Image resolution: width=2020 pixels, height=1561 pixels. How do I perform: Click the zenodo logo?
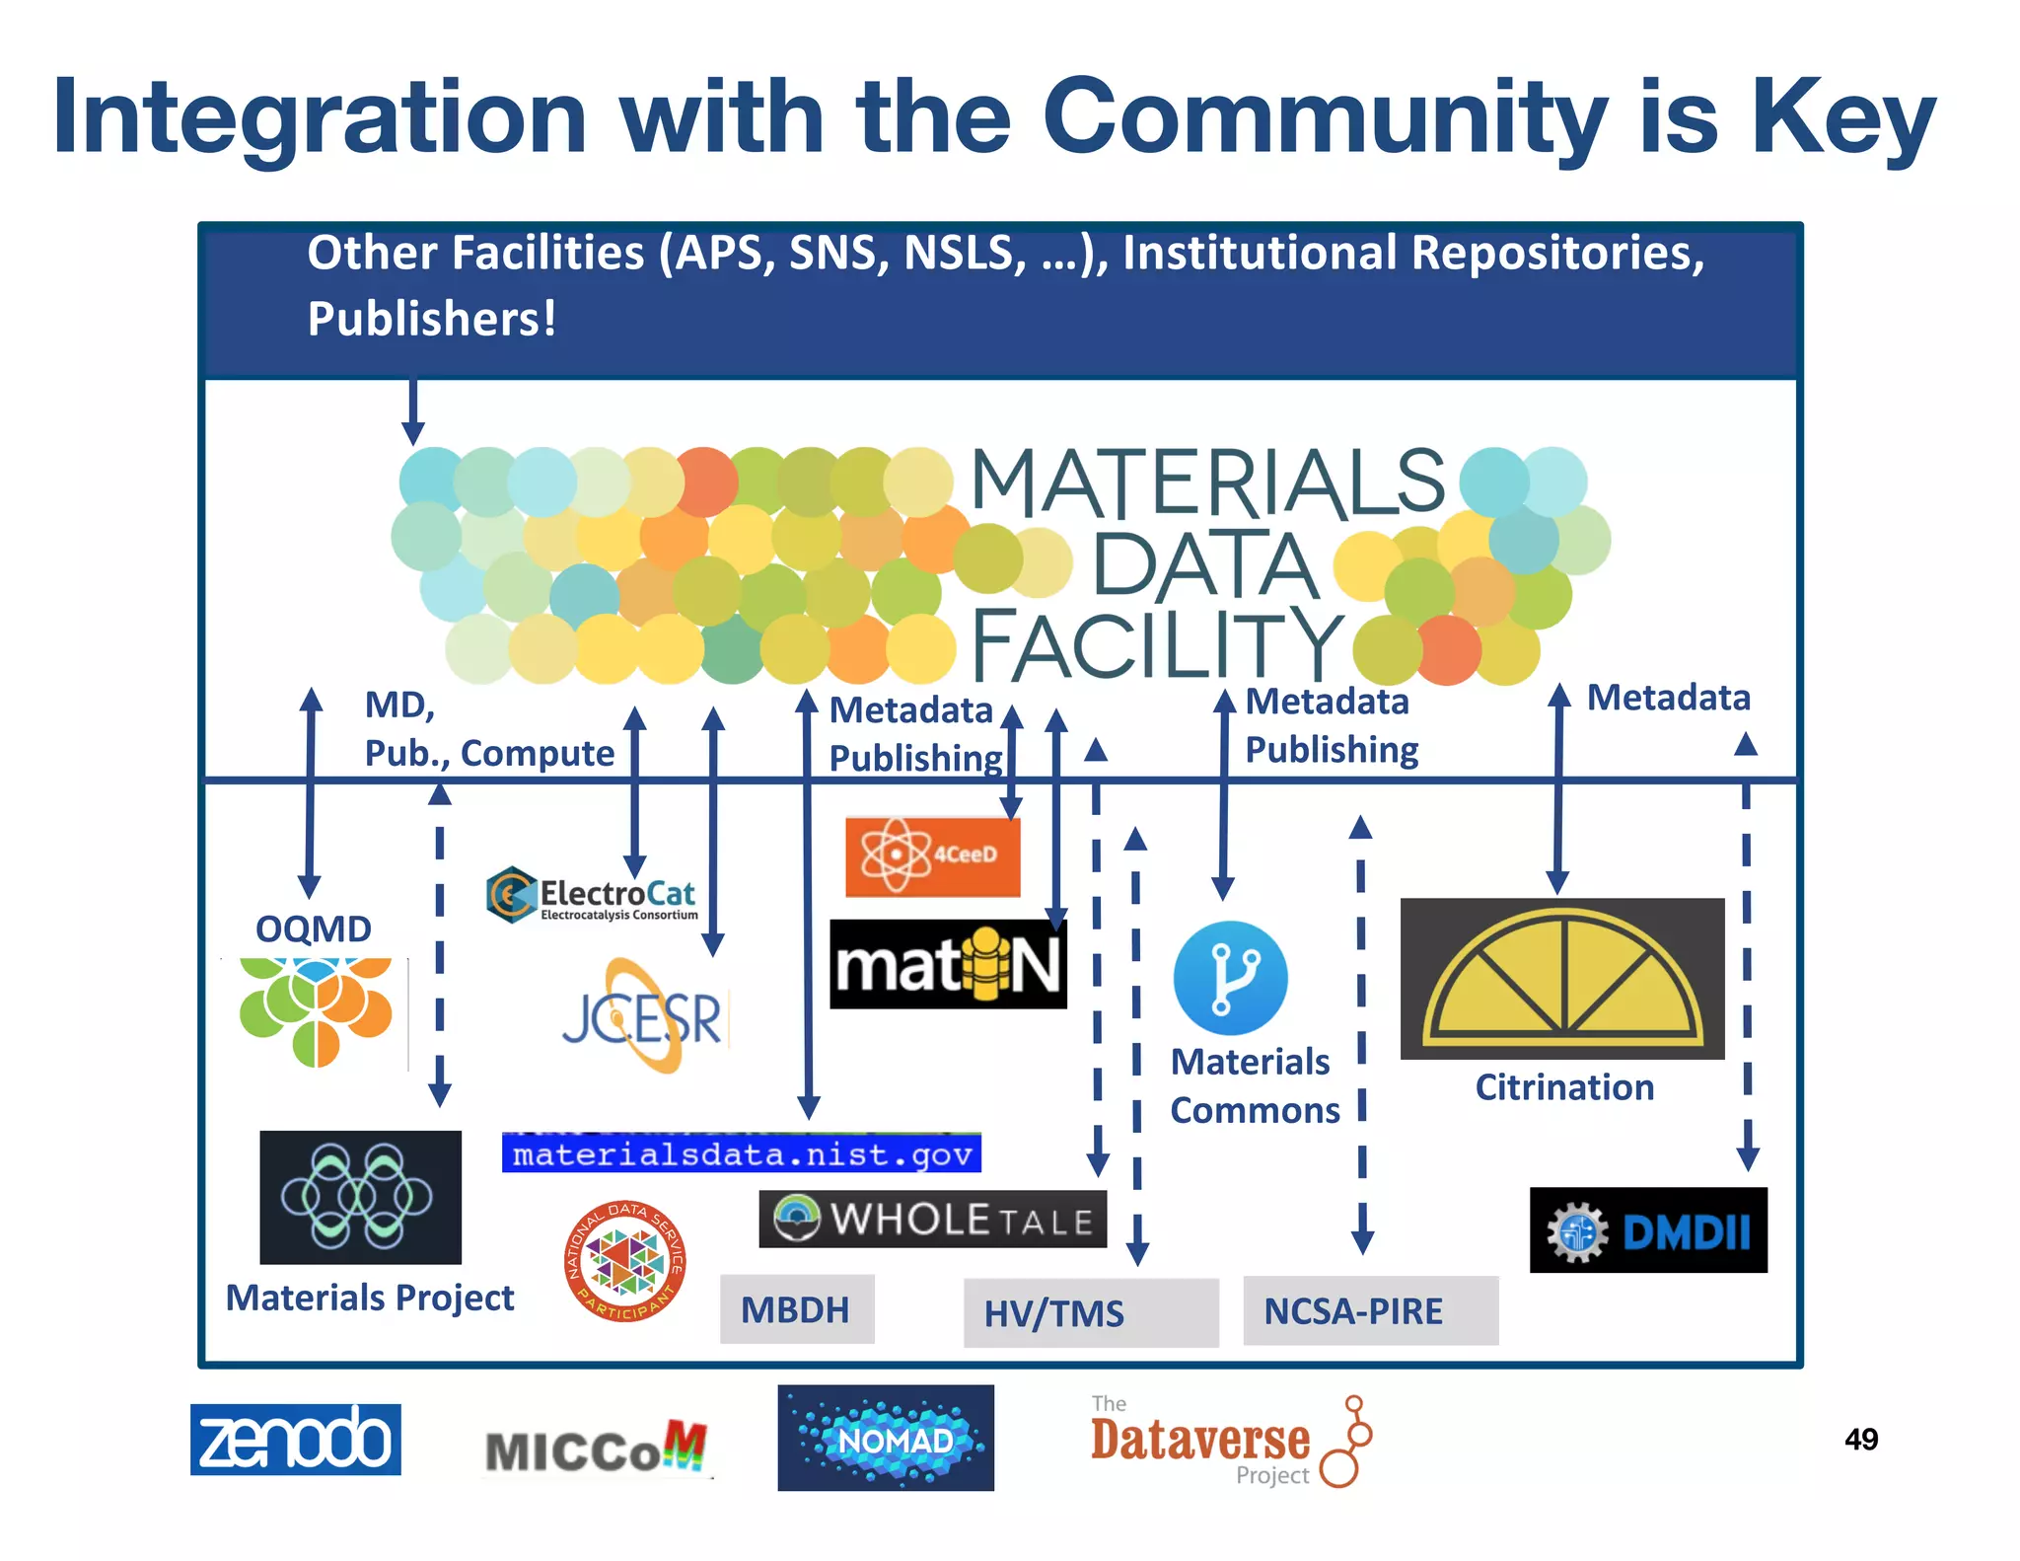(295, 1439)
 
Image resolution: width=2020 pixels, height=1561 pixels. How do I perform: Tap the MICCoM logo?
(596, 1449)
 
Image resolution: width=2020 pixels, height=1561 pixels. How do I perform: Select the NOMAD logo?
(885, 1438)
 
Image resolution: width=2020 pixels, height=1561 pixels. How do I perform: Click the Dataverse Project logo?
(1229, 1442)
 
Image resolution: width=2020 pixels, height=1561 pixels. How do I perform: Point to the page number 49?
(1860, 1439)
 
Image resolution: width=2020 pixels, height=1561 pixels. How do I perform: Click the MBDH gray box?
(796, 1309)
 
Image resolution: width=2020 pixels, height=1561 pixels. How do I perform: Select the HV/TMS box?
(1090, 1312)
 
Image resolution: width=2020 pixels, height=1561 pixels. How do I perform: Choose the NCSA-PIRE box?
(1369, 1310)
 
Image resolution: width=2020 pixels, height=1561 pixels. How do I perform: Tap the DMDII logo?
(1647, 1230)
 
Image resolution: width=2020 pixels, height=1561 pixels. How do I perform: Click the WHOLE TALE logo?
(932, 1220)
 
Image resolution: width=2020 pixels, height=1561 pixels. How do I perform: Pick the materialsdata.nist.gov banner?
(741, 1153)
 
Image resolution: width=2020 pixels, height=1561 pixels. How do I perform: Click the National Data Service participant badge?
(624, 1261)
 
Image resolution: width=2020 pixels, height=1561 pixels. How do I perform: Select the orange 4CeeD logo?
(932, 855)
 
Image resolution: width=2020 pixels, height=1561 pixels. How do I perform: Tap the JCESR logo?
(643, 1016)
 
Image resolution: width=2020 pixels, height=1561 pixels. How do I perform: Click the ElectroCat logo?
(592, 895)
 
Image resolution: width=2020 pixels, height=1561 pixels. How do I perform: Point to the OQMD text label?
(313, 929)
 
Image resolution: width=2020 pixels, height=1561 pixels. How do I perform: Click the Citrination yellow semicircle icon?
(1562, 979)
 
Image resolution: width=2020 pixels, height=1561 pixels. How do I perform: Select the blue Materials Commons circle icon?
(1229, 978)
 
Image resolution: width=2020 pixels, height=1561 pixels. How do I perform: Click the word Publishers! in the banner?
(431, 319)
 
